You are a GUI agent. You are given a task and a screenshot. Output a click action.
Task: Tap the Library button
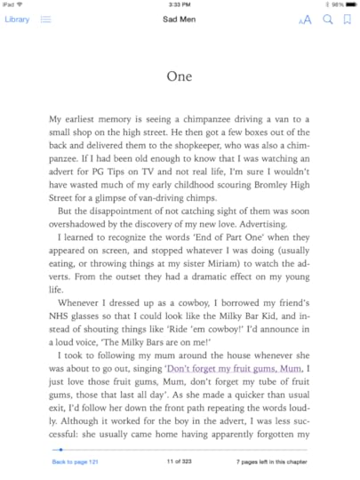pos(17,20)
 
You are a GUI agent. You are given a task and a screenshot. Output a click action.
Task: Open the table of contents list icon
pos(45,20)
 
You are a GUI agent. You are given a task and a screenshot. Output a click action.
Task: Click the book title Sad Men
pos(180,20)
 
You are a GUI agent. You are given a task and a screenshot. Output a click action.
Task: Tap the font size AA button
pos(305,20)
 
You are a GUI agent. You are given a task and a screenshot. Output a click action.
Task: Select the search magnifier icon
pos(327,20)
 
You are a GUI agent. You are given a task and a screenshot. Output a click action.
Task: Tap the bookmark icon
pos(346,20)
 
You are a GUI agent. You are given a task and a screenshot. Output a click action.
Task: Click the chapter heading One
pos(180,76)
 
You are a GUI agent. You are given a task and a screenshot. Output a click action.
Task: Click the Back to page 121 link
pos(75,463)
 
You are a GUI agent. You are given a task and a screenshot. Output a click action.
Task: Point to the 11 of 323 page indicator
pos(180,463)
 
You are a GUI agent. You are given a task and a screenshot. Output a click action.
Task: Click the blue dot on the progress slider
pos(60,450)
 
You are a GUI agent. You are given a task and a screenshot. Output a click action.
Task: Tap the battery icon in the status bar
pos(350,4)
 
